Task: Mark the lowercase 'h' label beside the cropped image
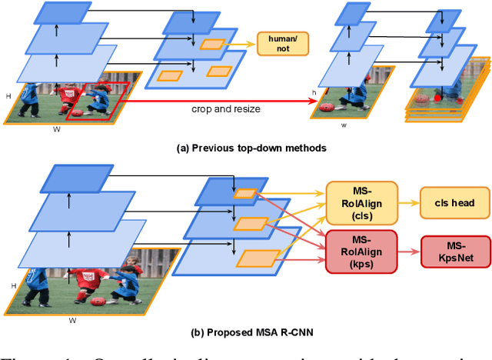(x=313, y=94)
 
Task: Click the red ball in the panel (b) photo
(x=99, y=301)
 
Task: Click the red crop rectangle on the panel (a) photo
(x=92, y=102)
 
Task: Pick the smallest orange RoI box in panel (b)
(x=245, y=194)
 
